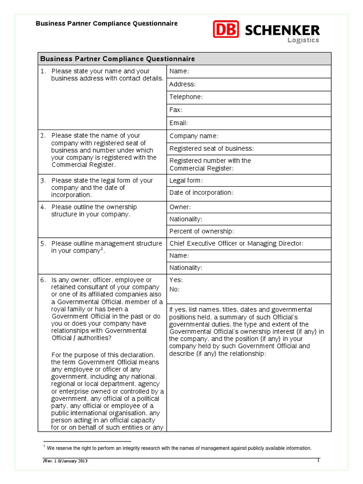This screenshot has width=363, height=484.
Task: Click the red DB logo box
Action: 226,29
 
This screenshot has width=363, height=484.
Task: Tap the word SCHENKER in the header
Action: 282,31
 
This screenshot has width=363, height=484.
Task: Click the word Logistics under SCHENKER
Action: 303,40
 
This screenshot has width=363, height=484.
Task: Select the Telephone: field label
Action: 186,97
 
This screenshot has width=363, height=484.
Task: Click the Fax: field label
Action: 175,110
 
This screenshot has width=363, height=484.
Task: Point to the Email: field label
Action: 179,123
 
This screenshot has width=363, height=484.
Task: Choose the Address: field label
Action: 182,84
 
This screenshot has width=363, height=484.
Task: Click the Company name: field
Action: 194,136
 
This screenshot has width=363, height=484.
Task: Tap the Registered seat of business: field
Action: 211,148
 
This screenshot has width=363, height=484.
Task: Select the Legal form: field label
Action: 186,181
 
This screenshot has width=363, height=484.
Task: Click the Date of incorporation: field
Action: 201,193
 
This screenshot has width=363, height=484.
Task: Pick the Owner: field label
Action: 180,207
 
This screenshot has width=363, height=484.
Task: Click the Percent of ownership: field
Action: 201,232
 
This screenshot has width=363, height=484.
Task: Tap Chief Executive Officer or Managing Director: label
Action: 236,243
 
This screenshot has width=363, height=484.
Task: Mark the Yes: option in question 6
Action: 176,280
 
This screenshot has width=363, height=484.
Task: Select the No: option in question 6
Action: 174,289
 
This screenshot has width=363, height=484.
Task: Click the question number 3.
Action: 43,181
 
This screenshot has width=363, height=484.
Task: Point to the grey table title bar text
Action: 117,59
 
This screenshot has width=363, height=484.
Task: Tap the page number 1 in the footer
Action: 318,460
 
